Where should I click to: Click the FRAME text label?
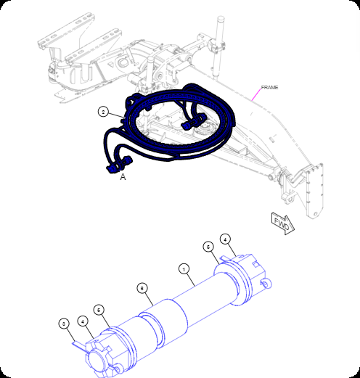click(x=269, y=87)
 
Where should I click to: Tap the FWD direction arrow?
click(x=282, y=223)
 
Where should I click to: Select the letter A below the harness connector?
click(x=123, y=177)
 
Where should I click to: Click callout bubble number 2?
click(x=104, y=112)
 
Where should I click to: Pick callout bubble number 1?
click(x=184, y=269)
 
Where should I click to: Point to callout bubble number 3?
click(x=64, y=324)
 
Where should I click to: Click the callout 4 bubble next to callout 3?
click(x=83, y=321)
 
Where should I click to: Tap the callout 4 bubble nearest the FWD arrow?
click(x=225, y=239)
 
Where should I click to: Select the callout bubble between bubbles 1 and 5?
click(x=142, y=288)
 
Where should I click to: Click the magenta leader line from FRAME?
click(x=256, y=94)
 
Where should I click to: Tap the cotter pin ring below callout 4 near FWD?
click(x=267, y=284)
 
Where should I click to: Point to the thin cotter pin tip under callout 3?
click(x=73, y=342)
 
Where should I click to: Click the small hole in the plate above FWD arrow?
click(x=315, y=214)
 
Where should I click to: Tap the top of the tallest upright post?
click(x=221, y=18)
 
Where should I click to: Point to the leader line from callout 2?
click(x=116, y=115)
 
